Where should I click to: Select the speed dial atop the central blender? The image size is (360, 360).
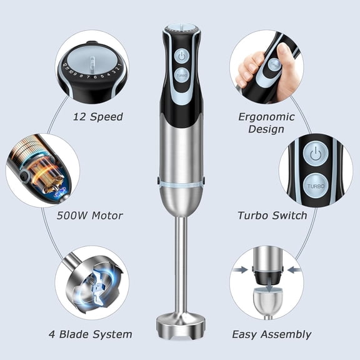(181, 29)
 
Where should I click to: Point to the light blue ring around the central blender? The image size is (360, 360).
(181, 182)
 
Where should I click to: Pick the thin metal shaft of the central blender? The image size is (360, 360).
(181, 262)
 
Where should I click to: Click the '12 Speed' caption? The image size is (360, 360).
(97, 117)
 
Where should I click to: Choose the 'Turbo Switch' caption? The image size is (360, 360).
(272, 216)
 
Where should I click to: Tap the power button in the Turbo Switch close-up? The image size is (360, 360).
(316, 153)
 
